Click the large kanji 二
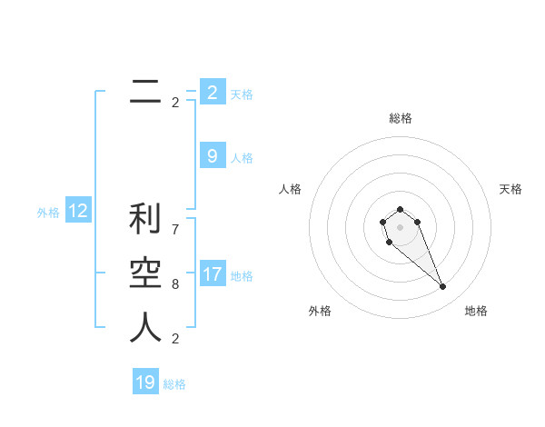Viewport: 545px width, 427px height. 145,91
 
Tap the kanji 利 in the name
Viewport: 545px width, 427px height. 145,221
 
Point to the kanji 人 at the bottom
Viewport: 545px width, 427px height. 145,328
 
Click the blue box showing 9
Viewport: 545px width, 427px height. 213,156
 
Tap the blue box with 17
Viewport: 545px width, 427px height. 213,274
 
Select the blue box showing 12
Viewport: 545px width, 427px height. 78,212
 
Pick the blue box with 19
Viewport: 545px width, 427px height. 145,382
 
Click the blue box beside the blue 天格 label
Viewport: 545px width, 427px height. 213,93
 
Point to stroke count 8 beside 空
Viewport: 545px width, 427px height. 175,284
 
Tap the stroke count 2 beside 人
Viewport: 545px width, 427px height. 175,339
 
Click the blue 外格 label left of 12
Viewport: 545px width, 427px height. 48,213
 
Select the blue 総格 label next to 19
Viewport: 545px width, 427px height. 174,384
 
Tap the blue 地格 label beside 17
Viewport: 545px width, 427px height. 243,275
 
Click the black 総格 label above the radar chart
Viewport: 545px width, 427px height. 401,118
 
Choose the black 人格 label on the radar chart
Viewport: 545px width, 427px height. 291,189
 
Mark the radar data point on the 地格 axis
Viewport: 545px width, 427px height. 442,287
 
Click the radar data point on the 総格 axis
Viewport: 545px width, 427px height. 400,209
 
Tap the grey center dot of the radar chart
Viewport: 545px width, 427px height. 400,226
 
